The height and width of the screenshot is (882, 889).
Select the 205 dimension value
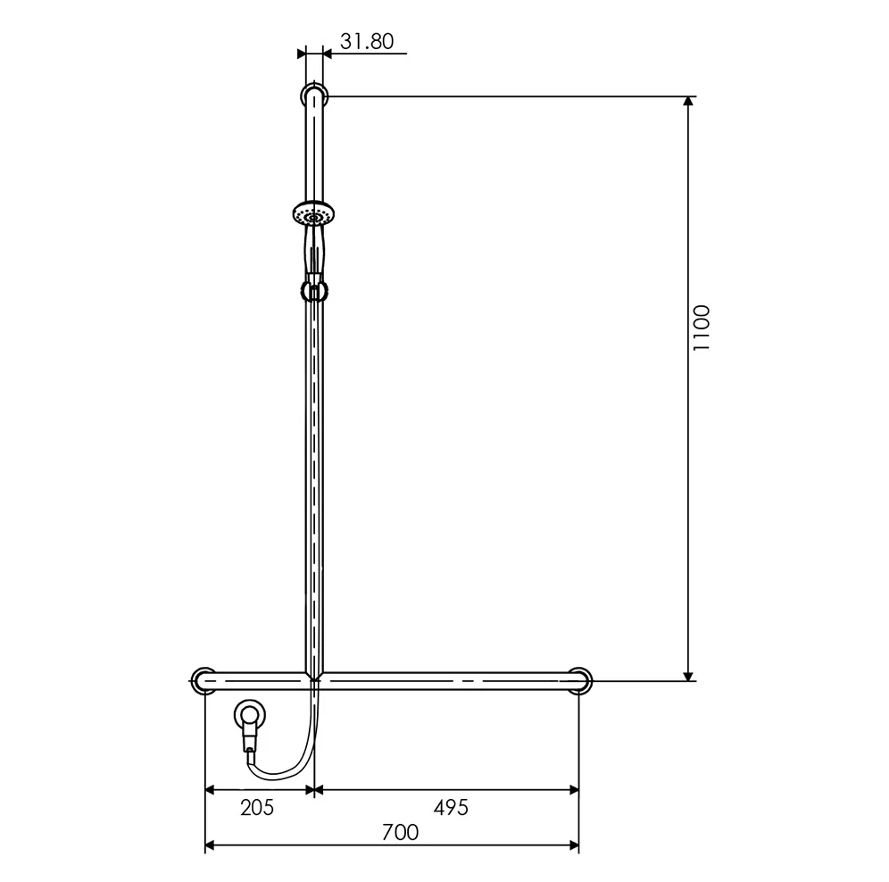(x=257, y=808)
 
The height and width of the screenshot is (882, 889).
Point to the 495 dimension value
(x=451, y=808)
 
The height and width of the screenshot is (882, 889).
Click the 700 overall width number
(x=400, y=833)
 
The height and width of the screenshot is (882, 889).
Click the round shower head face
(x=314, y=214)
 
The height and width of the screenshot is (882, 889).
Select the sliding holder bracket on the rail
(x=313, y=290)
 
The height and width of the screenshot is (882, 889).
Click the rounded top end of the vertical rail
(x=314, y=95)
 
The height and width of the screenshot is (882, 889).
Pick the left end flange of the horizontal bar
(x=204, y=680)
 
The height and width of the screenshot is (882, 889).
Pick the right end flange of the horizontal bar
(x=580, y=680)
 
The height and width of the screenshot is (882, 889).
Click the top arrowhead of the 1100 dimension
(x=688, y=101)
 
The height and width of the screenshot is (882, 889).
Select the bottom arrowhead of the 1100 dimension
(x=688, y=675)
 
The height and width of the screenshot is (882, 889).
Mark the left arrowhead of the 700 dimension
(x=212, y=845)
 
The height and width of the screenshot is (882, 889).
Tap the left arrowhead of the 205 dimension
(x=212, y=789)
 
